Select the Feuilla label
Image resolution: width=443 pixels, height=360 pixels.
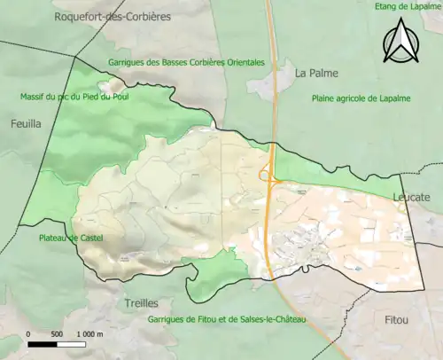(x=26, y=125)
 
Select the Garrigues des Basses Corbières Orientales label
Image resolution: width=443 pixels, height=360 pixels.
(x=186, y=63)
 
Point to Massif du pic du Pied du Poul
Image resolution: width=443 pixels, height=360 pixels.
(x=74, y=97)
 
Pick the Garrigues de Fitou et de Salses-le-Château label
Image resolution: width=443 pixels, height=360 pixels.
(x=227, y=319)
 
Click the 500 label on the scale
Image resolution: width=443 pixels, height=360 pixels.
(x=56, y=333)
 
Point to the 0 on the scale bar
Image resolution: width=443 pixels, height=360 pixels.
(x=28, y=333)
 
